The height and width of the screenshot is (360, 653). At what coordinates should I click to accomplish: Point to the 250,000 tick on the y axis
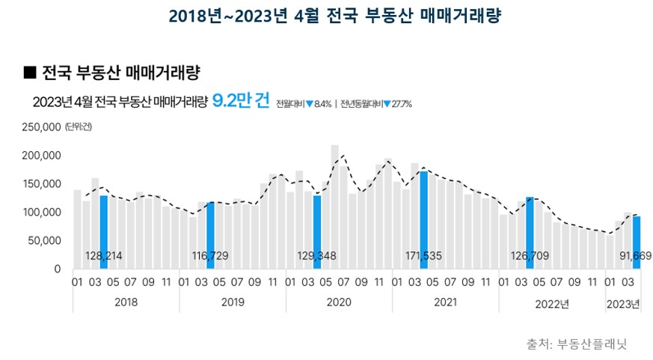pos(43,127)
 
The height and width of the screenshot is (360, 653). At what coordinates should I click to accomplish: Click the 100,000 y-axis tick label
pos(43,213)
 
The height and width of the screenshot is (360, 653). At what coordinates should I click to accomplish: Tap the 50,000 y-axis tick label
pos(45,241)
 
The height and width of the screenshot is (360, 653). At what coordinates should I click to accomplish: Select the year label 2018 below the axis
pos(126,303)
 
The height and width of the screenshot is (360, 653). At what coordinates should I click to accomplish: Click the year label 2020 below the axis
pos(339,303)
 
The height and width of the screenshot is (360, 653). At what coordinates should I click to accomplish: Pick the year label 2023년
pos(623,303)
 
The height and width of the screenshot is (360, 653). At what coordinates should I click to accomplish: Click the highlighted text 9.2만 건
pos(241,102)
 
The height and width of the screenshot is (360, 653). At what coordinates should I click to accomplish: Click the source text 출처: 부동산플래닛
pos(576,344)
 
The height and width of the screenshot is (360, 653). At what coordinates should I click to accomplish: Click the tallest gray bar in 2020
pos(335,202)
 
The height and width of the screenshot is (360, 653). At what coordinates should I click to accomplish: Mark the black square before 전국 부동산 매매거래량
pos(30,72)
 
